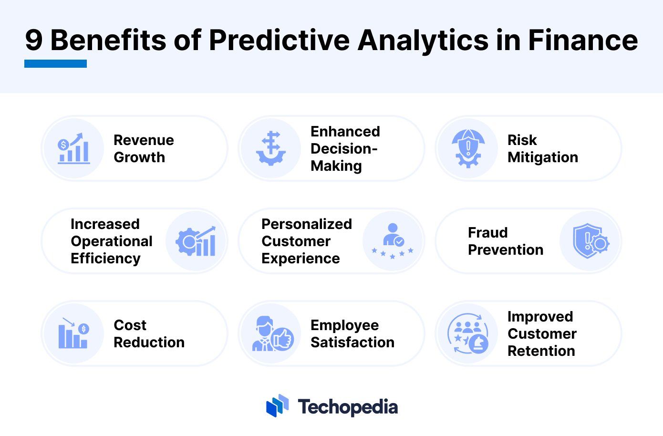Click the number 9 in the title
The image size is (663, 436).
tap(34, 40)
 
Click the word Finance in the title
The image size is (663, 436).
tap(582, 40)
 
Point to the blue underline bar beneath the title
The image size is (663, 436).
tap(55, 63)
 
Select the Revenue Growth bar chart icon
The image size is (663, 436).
tap(73, 148)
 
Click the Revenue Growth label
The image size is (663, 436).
tap(144, 148)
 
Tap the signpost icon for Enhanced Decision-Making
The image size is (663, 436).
tap(271, 148)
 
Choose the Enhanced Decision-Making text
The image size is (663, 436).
tap(345, 148)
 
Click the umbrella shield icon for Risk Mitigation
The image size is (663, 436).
tap(468, 148)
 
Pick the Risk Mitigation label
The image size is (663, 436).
tap(542, 148)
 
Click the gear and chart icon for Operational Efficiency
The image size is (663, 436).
tap(196, 241)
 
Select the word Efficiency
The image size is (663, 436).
tap(105, 259)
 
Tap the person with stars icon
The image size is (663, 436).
tap(393, 241)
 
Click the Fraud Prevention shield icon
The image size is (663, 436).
tap(590, 241)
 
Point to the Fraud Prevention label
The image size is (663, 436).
tap(505, 241)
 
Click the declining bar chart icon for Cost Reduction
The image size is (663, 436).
tap(73, 333)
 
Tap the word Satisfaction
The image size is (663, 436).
tap(352, 343)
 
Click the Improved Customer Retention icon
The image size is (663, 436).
tap(468, 333)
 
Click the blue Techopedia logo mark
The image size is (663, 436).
tap(277, 406)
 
